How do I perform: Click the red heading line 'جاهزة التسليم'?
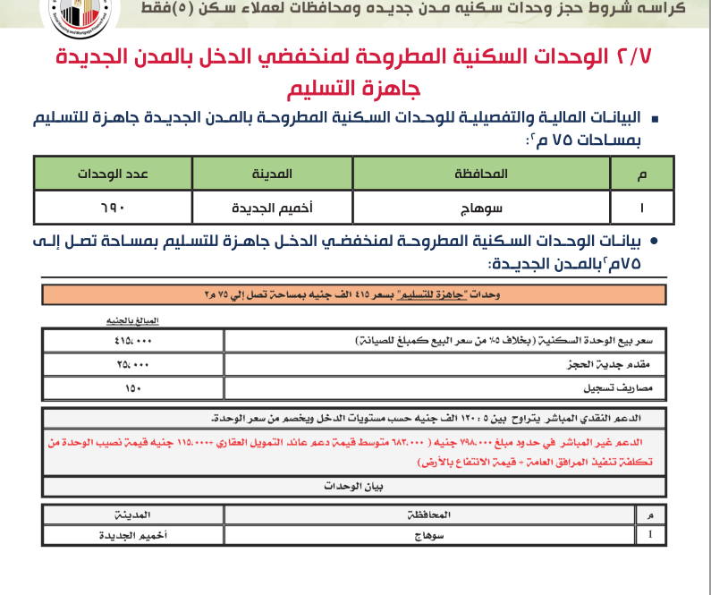tap(355, 90)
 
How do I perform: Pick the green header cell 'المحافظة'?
tap(482, 174)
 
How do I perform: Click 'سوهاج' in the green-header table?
tap(482, 207)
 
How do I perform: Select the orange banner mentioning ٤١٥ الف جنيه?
tap(354, 295)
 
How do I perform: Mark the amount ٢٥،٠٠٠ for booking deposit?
tap(133, 365)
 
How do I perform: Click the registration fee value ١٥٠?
tap(133, 389)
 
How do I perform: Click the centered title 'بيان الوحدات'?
tap(354, 486)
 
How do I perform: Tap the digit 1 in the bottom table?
tap(649, 534)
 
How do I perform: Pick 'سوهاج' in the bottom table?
tap(433, 534)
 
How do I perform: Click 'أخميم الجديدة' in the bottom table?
tap(132, 534)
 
